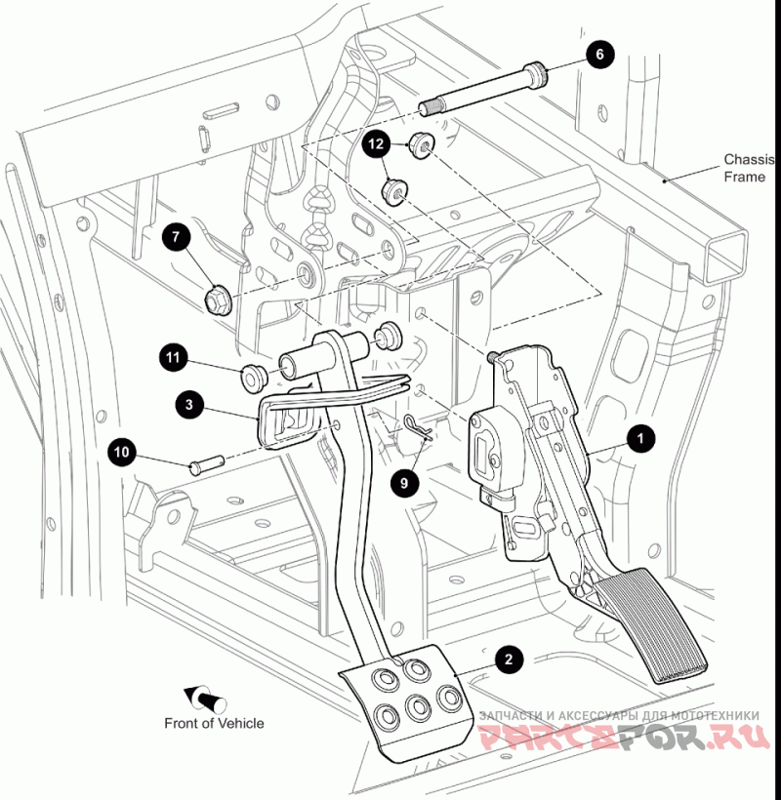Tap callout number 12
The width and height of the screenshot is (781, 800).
point(377,143)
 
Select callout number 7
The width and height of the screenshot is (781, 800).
point(176,235)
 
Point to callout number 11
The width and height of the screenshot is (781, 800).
point(173,358)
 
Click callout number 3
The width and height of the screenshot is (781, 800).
point(189,401)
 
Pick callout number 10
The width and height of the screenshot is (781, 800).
point(122,452)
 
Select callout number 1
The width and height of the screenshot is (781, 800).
point(640,439)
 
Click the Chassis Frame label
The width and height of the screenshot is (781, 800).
point(748,168)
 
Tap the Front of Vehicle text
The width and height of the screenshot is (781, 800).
point(214,723)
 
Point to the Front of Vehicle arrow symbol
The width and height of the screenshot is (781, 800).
point(205,698)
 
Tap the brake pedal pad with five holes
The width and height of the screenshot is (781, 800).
point(402,707)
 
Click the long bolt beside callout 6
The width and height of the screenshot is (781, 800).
point(482,87)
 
